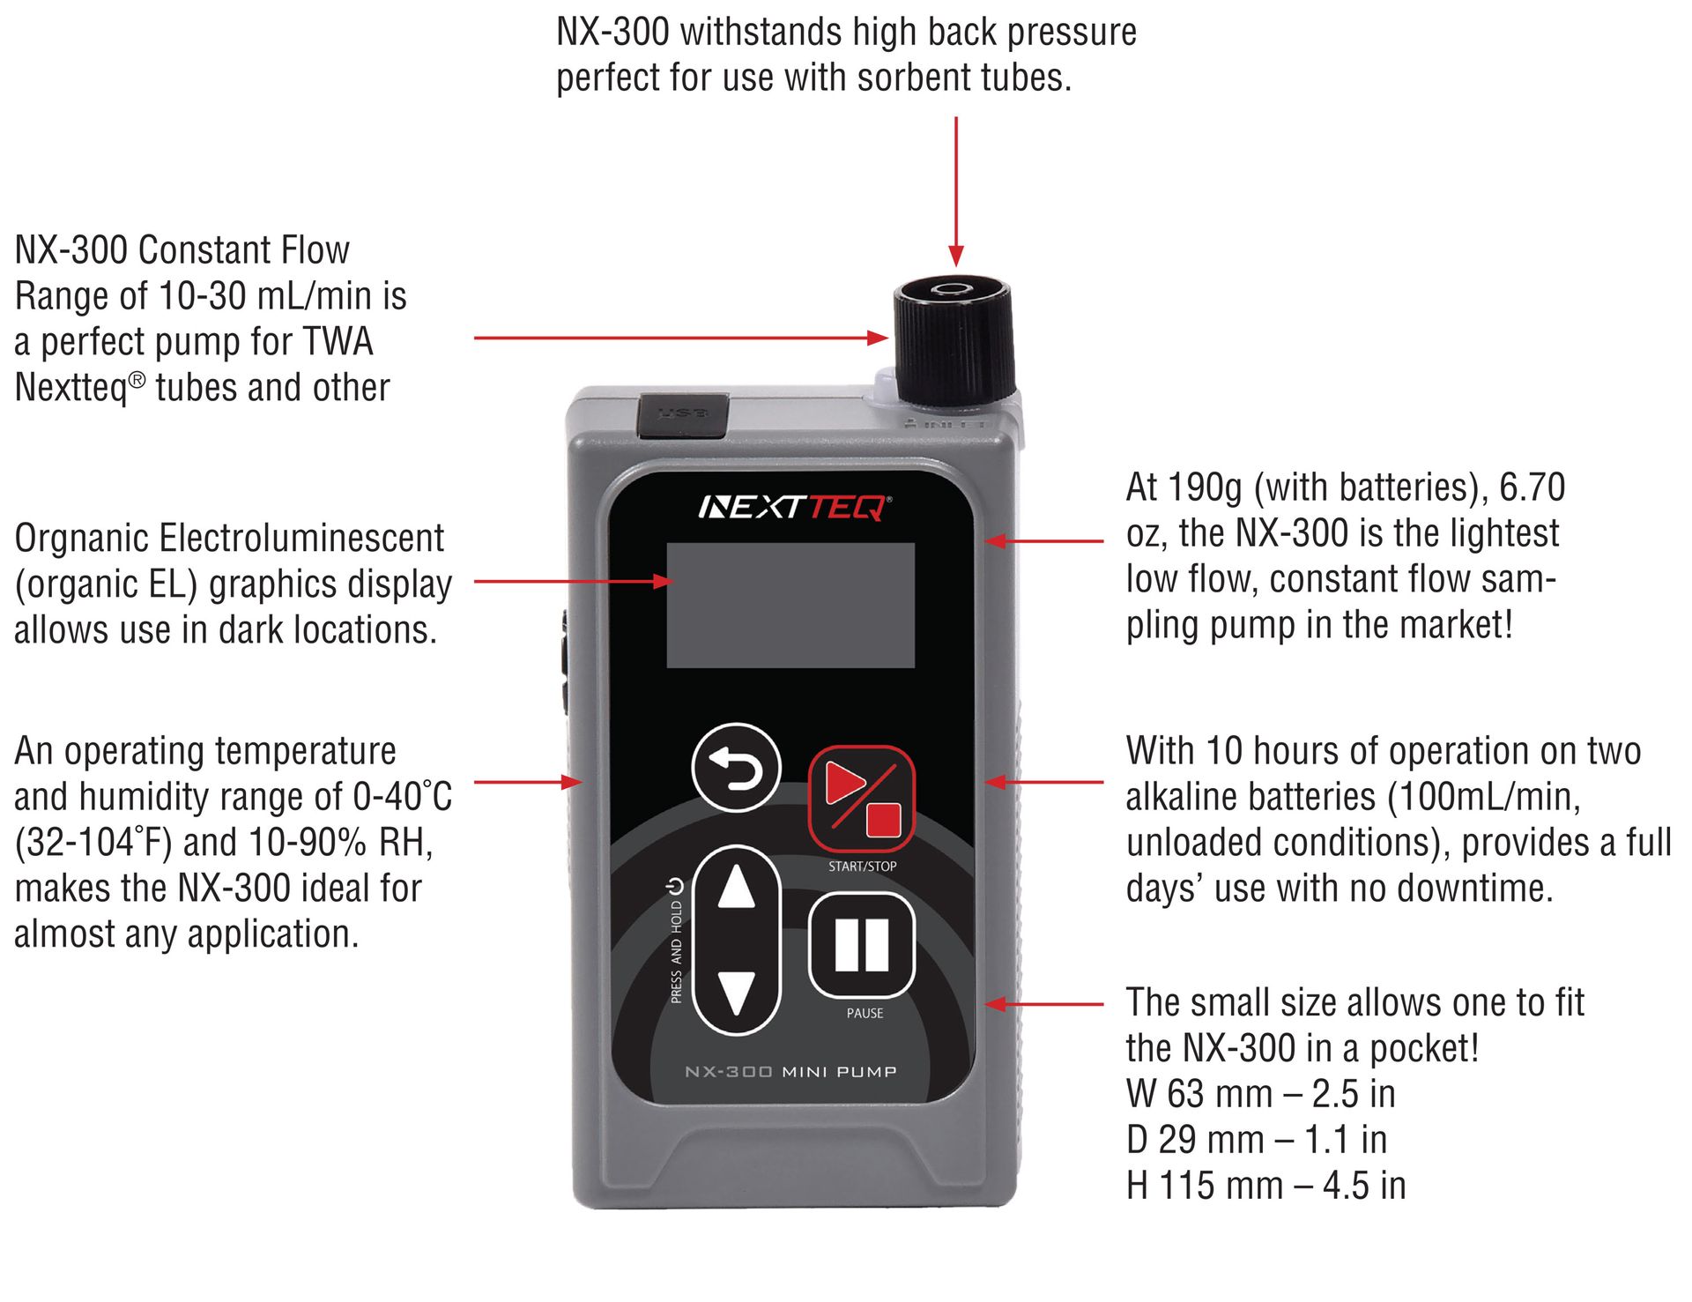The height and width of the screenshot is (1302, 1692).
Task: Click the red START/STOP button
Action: [x=861, y=798]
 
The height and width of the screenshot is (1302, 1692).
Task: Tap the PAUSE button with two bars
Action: [x=861, y=945]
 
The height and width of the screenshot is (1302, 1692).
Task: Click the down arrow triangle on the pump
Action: [x=736, y=992]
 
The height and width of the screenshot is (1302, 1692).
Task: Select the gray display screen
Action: [x=790, y=605]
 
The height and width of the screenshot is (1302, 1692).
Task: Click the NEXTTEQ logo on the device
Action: [x=793, y=508]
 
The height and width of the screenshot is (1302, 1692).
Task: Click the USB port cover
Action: [x=682, y=415]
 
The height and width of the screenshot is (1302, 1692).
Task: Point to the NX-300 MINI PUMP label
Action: [x=790, y=1072]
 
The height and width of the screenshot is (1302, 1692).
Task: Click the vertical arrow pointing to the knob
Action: [x=955, y=190]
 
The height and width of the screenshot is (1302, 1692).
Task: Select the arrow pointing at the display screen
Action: [x=573, y=581]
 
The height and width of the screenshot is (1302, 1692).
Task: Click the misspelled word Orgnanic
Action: [x=80, y=539]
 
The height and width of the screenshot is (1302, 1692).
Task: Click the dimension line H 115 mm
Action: [x=1265, y=1186]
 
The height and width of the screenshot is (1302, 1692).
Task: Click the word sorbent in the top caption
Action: [x=911, y=78]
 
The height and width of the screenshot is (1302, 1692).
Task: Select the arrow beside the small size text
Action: [x=1044, y=1003]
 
